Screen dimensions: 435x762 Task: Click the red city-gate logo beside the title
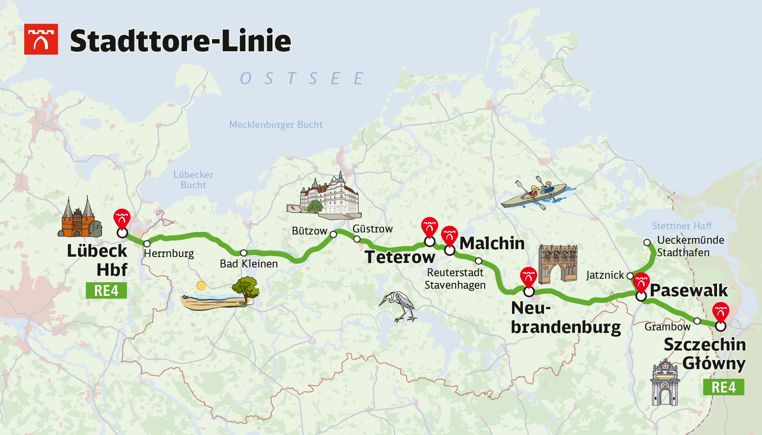click(41, 39)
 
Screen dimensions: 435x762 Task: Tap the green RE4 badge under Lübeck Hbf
click(106, 290)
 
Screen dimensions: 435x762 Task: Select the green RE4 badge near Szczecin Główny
click(723, 387)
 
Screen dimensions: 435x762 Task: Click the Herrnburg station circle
click(147, 243)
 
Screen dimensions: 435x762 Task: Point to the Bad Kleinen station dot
click(244, 253)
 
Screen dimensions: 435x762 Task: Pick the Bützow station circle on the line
click(333, 235)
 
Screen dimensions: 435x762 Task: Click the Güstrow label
click(372, 229)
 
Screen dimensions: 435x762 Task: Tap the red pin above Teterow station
click(430, 227)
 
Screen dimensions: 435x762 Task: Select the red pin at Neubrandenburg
click(528, 277)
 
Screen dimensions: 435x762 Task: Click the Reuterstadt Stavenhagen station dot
click(479, 261)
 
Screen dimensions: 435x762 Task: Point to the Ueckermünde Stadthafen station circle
click(647, 242)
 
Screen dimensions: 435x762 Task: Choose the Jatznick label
click(605, 275)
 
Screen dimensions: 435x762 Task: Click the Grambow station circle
click(697, 321)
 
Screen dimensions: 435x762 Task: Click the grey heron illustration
click(398, 306)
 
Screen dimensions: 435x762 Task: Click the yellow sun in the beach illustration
click(201, 286)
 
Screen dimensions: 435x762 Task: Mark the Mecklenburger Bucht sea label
click(276, 125)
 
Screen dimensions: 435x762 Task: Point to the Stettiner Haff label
click(682, 226)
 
